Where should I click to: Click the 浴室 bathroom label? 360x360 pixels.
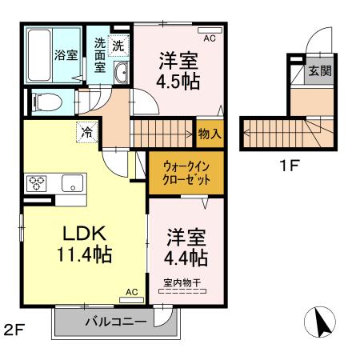click(66, 55)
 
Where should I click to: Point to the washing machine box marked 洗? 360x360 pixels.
click(118, 46)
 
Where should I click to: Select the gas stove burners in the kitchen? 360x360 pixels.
click(38, 182)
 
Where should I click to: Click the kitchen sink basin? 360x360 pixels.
click(71, 183)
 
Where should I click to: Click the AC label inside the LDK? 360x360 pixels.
click(132, 293)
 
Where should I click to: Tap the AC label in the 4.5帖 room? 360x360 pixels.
click(210, 38)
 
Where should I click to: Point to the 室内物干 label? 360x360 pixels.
click(182, 282)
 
